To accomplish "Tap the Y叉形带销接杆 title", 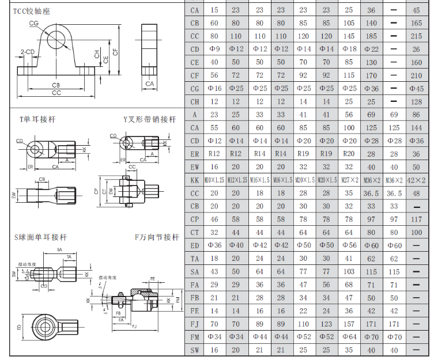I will pos(150,119).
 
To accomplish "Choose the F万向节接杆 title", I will pos(157,237).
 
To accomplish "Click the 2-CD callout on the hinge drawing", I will pos(27,52).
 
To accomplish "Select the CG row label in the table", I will pos(195,89).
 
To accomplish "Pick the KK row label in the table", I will pos(195,180).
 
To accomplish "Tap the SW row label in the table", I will pos(195,350).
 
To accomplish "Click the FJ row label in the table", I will pos(195,324).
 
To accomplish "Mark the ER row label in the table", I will pos(195,154).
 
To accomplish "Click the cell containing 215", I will pos(416,36).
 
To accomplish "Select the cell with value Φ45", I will pos(416,89).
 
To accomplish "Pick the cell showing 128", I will pos(416,102).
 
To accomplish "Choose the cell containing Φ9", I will pos(214,50).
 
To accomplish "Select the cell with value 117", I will pos(416,219).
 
